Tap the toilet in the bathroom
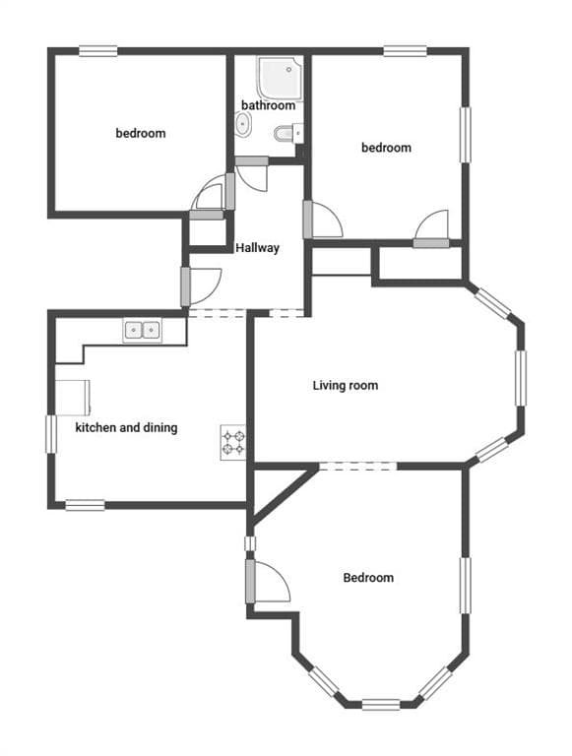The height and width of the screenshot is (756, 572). (288, 133)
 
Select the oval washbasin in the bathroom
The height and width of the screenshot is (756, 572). (243, 124)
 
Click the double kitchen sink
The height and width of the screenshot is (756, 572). (143, 331)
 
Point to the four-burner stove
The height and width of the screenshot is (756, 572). (233, 443)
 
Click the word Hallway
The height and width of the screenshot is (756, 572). (258, 248)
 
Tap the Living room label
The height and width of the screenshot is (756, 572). (346, 385)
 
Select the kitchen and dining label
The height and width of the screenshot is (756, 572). (126, 427)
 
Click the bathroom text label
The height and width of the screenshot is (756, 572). (268, 105)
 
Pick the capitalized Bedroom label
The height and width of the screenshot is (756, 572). (368, 578)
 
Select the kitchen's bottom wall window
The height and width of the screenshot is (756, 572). (86, 505)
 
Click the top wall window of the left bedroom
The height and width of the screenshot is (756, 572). (97, 51)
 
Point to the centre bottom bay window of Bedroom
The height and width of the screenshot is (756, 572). (381, 705)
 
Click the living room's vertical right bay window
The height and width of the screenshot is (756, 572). (521, 378)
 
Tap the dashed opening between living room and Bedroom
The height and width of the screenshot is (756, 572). (357, 466)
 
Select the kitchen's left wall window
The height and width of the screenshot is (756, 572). (51, 434)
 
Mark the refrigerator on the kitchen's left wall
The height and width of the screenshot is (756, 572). (73, 398)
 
